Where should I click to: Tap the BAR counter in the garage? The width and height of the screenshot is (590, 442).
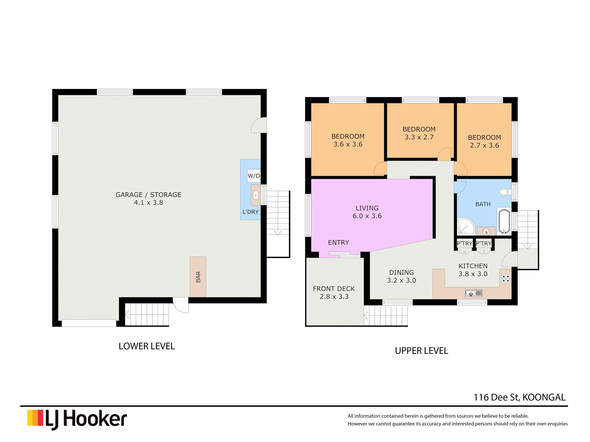pyautogui.click(x=198, y=277)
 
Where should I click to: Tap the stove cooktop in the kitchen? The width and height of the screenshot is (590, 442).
pyautogui.click(x=505, y=279)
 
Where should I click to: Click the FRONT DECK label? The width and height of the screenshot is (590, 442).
pyautogui.click(x=334, y=293)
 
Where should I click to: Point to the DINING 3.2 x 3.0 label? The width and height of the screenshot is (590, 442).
pyautogui.click(x=401, y=276)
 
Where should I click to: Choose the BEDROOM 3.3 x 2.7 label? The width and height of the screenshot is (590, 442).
pyautogui.click(x=419, y=133)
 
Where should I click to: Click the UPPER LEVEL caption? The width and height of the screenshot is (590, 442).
pyautogui.click(x=421, y=351)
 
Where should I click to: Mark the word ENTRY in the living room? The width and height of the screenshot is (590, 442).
pyautogui.click(x=339, y=242)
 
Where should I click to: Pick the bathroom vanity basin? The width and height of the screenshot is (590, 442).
pyautogui.click(x=486, y=231)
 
